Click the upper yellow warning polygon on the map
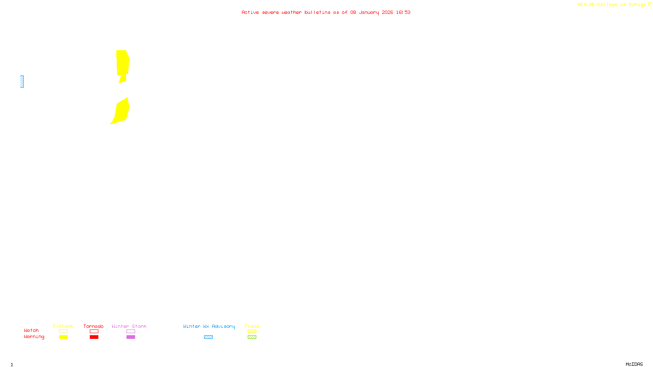(x=122, y=63)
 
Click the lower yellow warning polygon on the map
(x=122, y=111)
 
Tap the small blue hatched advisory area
(x=22, y=82)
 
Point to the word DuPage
(x=637, y=5)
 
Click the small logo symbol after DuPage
(x=649, y=4)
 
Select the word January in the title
(x=369, y=12)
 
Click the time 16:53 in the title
(x=403, y=12)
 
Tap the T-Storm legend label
(x=63, y=326)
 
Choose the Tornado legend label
(x=93, y=326)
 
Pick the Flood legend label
(x=252, y=326)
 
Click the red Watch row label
(x=31, y=330)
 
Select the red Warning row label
(x=34, y=337)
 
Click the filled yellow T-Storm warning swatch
(x=63, y=337)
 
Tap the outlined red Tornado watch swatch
(x=94, y=332)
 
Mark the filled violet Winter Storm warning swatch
(x=131, y=337)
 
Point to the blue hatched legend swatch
(x=208, y=337)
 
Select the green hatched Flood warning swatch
(x=252, y=337)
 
